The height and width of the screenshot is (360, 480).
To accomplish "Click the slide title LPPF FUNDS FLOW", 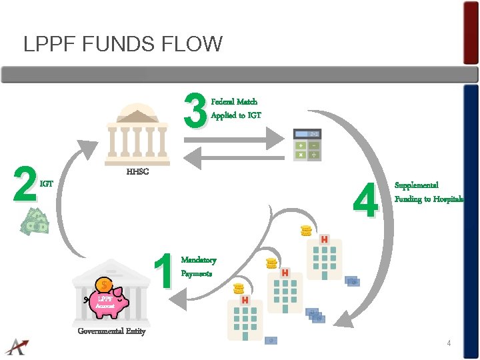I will tap(123, 45).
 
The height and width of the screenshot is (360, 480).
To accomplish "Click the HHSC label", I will tap(137, 172).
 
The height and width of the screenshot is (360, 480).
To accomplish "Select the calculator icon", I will tap(307, 144).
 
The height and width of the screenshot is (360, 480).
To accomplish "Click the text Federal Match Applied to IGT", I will tap(236, 109).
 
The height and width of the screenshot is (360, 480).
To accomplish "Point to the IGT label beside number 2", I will tap(47, 183).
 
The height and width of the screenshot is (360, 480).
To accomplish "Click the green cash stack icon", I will tap(35, 221).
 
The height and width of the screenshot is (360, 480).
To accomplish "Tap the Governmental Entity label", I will tap(111, 331).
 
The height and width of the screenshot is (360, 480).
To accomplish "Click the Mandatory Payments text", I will tap(199, 267).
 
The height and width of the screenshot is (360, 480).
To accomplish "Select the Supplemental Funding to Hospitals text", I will tap(428, 192).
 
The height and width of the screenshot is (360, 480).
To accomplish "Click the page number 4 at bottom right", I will tap(449, 343).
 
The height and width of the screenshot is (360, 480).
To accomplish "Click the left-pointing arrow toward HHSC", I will tap(233, 157).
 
